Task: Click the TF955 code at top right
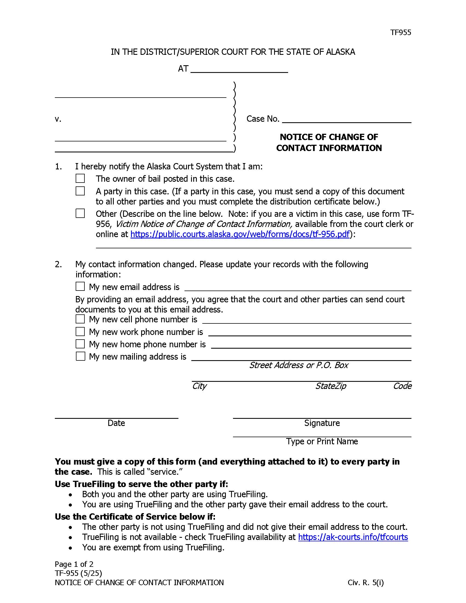coord(400,33)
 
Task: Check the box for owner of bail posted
coord(80,178)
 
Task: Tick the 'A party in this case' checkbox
coord(80,191)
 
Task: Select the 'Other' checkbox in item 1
coord(80,214)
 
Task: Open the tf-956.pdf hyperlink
coord(240,234)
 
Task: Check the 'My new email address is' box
coord(80,286)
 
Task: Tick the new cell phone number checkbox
coord(80,319)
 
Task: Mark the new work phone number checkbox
coord(80,331)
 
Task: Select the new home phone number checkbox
coord(80,344)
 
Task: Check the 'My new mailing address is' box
coord(80,356)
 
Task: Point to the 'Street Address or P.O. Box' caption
coord(299,365)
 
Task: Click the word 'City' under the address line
coord(199,386)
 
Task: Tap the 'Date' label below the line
coord(116,423)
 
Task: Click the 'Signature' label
coord(322,423)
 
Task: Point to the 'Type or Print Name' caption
coord(322,441)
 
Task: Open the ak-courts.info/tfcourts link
coord(353,537)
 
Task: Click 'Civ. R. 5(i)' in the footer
coord(365,582)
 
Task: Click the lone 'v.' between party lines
coord(58,119)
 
